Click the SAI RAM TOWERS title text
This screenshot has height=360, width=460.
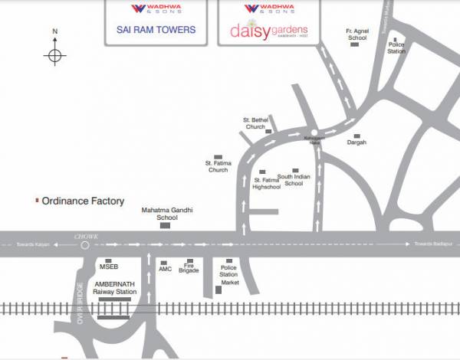click(156, 31)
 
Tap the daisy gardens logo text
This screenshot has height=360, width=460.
click(268, 31)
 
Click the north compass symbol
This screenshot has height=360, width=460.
click(54, 54)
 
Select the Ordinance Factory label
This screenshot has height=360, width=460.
click(83, 201)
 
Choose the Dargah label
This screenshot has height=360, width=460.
click(356, 142)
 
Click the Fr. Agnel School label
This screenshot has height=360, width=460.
click(356, 34)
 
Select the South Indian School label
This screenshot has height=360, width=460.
click(294, 179)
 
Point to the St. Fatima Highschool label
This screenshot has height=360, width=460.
click(267, 183)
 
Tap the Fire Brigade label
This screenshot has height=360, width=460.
click(189, 270)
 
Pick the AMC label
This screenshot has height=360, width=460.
click(165, 270)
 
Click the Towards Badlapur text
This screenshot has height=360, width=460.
click(432, 244)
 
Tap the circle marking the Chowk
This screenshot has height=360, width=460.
click(84, 246)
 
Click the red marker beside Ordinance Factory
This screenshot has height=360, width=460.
click(37, 201)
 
